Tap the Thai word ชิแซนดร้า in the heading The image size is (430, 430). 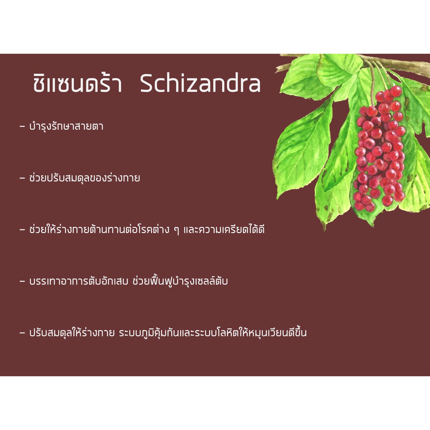point(77,82)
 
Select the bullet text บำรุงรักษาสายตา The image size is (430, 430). point(66,126)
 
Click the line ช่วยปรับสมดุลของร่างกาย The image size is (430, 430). point(85,178)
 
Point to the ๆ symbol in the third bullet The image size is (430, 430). point(177,231)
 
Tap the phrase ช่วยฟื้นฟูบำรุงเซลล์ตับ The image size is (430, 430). point(180,281)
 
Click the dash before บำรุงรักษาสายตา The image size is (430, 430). point(22,127)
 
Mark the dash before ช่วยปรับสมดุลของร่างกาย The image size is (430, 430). point(22,178)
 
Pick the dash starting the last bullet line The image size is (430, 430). point(22,333)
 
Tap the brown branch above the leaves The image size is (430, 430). point(395,64)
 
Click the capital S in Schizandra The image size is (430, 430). point(147,84)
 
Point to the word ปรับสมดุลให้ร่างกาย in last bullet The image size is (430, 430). point(72,333)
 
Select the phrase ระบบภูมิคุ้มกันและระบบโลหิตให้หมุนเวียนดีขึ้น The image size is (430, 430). point(213,332)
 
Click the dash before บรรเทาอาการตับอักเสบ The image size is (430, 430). point(22,281)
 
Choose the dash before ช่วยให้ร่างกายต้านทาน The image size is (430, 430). point(22,230)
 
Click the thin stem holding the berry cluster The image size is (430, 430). point(372,85)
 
